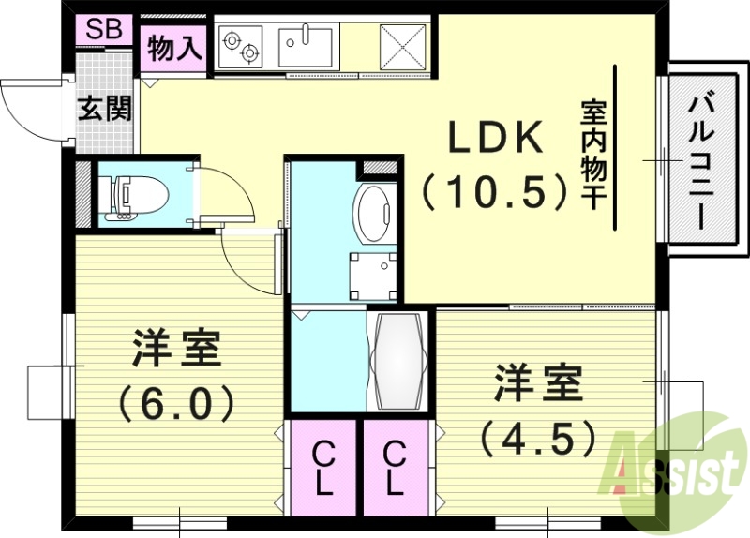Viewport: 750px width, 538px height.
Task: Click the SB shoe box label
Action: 103,29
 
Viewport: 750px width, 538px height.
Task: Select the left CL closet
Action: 322,469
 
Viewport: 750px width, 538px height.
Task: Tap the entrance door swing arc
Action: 28,108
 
